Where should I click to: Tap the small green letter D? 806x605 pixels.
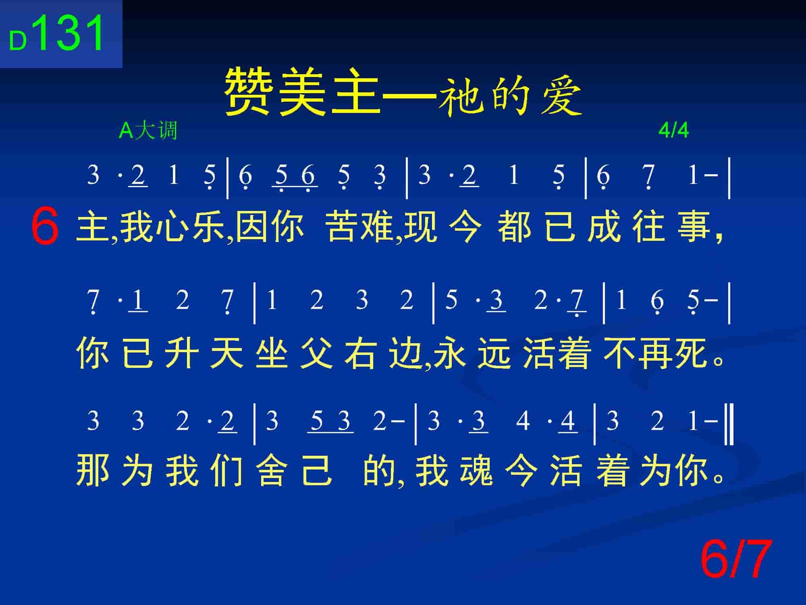[18, 41]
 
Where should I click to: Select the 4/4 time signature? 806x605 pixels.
[673, 130]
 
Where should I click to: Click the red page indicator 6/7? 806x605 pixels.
[735, 559]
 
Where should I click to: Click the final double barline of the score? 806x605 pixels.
[729, 425]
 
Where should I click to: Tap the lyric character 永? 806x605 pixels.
[450, 353]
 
